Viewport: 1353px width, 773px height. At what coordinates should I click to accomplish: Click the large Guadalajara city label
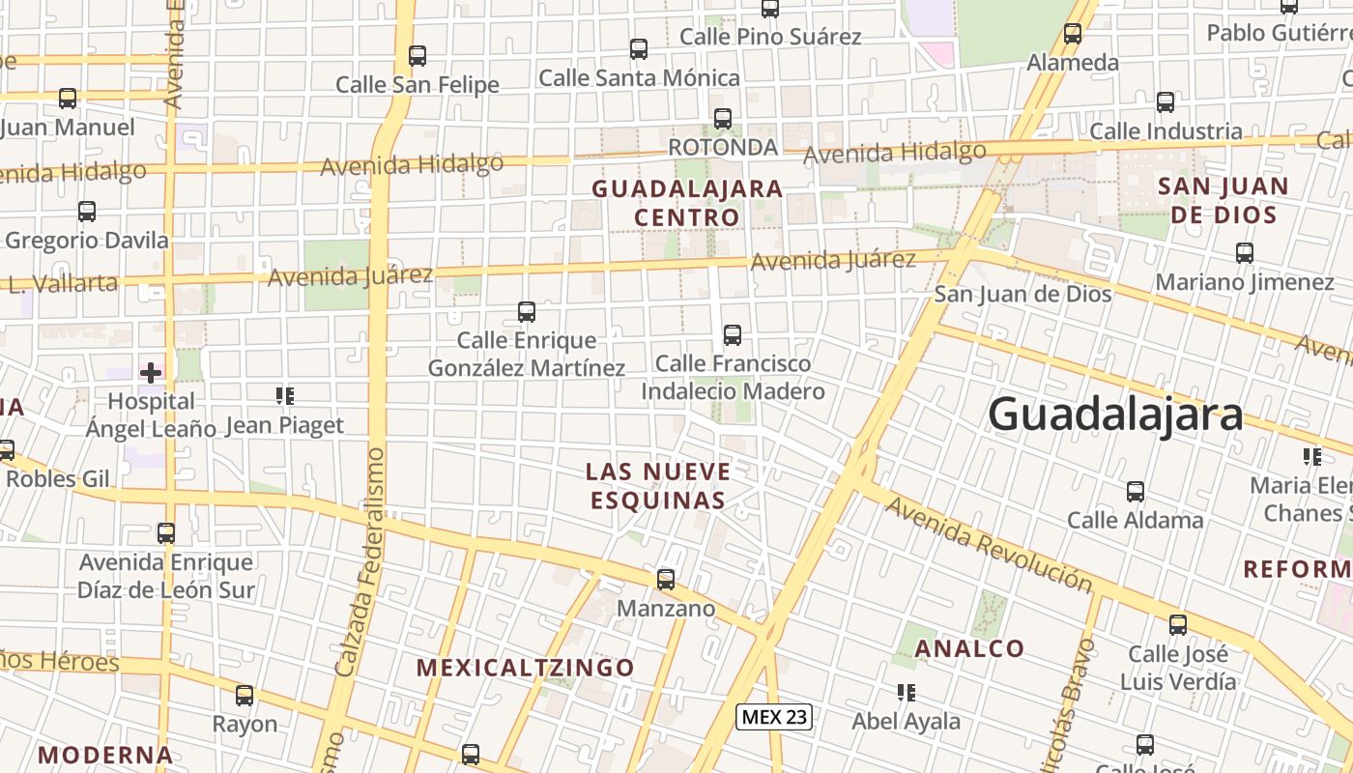(1115, 415)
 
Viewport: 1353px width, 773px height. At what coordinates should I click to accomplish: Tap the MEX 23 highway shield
(773, 717)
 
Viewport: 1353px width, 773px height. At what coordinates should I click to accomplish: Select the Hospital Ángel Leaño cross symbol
(151, 372)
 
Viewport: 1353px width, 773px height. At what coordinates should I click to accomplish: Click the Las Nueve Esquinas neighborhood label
(657, 485)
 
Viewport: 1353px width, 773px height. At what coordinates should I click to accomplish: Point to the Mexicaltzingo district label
(526, 668)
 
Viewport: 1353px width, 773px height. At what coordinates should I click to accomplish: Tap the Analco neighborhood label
(969, 648)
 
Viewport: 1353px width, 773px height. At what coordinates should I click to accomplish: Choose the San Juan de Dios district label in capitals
(1223, 200)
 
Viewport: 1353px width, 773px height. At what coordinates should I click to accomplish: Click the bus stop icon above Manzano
(666, 580)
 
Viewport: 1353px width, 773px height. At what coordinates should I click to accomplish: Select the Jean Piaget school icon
(284, 395)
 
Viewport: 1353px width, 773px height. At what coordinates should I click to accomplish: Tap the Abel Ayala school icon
(906, 693)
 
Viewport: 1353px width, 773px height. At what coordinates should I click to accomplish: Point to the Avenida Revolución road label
(989, 545)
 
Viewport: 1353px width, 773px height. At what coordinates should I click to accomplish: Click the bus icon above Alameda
(1072, 34)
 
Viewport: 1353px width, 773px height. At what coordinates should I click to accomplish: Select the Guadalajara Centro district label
(687, 202)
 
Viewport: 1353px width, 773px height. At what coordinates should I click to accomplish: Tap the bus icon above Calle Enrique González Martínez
(527, 312)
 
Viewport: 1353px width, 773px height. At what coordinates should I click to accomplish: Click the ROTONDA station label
(723, 147)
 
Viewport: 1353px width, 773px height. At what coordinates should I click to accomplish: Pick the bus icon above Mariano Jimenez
(1245, 253)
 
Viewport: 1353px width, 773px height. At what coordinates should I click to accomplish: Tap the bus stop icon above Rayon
(245, 696)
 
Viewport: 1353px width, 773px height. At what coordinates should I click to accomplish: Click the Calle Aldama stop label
(1135, 520)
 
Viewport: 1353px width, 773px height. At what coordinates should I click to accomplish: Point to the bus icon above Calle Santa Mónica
(639, 49)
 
